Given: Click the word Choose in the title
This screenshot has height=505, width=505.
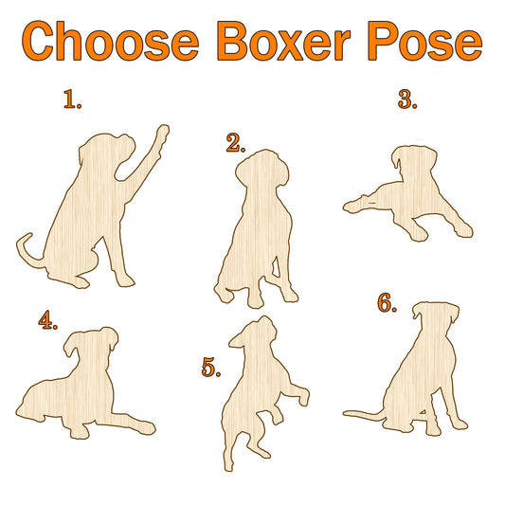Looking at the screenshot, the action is (110, 41).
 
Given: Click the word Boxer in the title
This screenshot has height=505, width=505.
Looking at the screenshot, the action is (283, 41).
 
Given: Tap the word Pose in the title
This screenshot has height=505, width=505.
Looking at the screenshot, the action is (425, 41).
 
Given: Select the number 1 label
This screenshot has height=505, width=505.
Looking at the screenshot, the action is (72, 99).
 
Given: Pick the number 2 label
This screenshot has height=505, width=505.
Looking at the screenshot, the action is (236, 143).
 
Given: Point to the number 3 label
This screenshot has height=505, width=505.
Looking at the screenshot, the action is (407, 99).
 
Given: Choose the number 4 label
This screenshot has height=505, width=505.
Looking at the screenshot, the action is (48, 320).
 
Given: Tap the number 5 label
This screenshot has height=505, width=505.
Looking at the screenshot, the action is (211, 368).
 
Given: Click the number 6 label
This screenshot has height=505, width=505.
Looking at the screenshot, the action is (387, 303).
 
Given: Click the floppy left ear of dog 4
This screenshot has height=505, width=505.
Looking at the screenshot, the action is (70, 345).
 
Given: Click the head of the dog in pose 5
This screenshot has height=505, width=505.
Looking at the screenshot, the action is (255, 335).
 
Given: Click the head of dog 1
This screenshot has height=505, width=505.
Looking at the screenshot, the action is (106, 154).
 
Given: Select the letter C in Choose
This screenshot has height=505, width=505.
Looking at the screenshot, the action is (37, 41).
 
